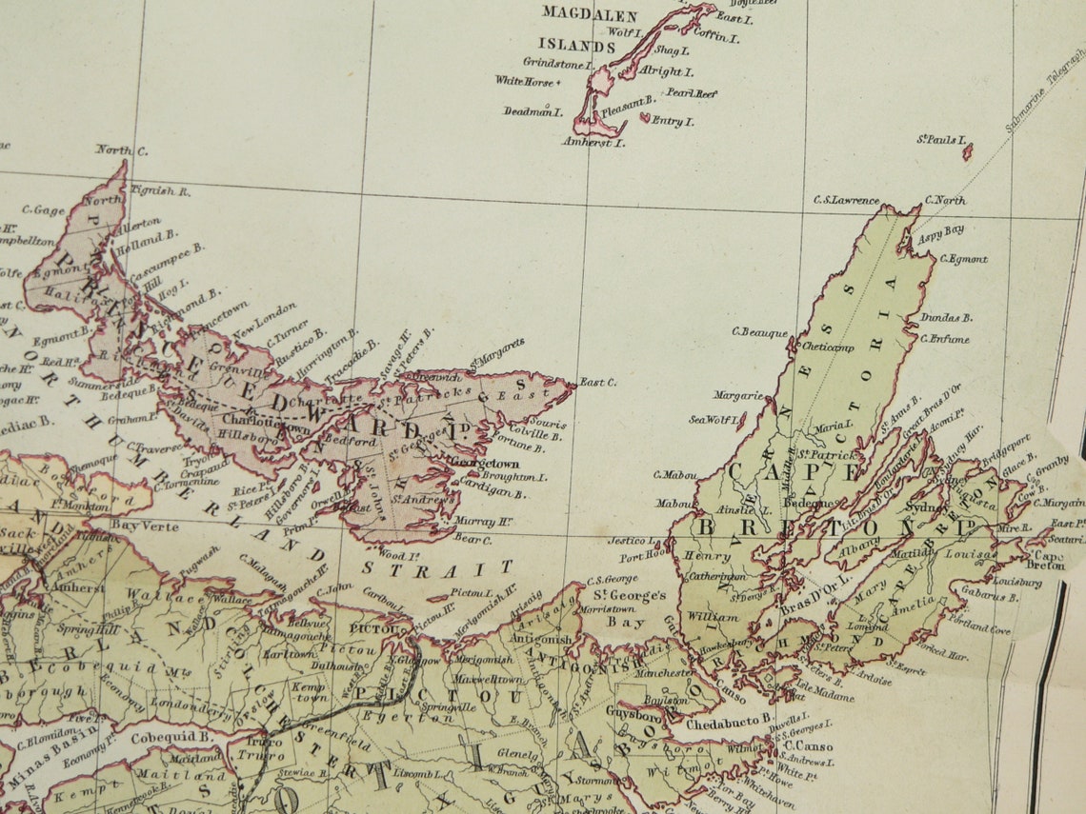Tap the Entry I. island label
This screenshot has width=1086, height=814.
[x=674, y=122]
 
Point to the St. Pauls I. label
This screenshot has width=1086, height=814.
[x=936, y=140]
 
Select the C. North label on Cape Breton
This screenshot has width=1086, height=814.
[x=944, y=201]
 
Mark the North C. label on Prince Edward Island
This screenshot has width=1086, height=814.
[x=121, y=149]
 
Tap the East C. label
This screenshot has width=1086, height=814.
[x=597, y=382]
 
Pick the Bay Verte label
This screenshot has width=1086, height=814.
[x=145, y=525]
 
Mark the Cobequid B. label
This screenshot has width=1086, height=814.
[x=157, y=737]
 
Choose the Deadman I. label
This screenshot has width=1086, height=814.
[x=533, y=111]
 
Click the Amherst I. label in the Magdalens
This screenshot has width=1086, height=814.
[x=592, y=143]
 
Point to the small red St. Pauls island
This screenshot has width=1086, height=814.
[x=967, y=150]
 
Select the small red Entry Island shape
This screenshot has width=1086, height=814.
[x=645, y=118]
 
